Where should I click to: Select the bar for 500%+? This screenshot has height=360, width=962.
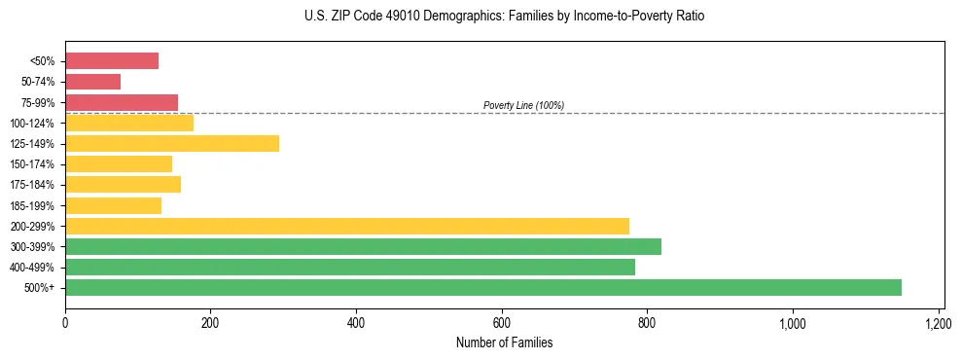pos(483,287)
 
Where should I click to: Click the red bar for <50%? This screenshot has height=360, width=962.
pos(112,61)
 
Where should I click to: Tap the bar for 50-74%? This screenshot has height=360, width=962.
pos(93,82)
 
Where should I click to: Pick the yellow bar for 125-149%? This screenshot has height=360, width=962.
pos(172,143)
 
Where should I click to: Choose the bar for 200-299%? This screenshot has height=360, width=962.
pos(347,226)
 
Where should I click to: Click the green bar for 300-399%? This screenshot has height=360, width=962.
pos(363,246)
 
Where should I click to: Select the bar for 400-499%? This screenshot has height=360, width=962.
pos(350,267)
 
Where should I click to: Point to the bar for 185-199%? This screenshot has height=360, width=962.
pos(113,205)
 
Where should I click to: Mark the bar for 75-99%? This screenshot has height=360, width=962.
pos(122,102)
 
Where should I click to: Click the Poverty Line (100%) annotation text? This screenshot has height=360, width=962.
pos(523,105)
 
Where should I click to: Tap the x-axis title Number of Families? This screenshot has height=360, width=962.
pos(504,342)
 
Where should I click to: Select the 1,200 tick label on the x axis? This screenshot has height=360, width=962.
pos(939,322)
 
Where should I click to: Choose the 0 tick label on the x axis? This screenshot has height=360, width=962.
pos(65,322)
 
